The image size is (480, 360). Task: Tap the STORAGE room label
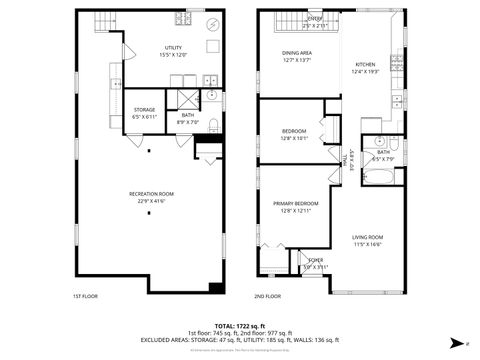(145, 110)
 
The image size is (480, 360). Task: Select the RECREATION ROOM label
(152, 193)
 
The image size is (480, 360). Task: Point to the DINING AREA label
(297, 53)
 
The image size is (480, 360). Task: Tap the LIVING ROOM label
(368, 237)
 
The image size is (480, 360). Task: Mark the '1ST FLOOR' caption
(85, 297)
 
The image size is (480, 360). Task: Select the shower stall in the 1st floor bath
(186, 98)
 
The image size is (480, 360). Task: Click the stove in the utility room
(182, 19)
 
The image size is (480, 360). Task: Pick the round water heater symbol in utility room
(212, 24)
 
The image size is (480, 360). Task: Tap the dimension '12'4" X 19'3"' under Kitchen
(367, 72)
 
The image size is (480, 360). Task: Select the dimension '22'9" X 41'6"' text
(152, 201)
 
